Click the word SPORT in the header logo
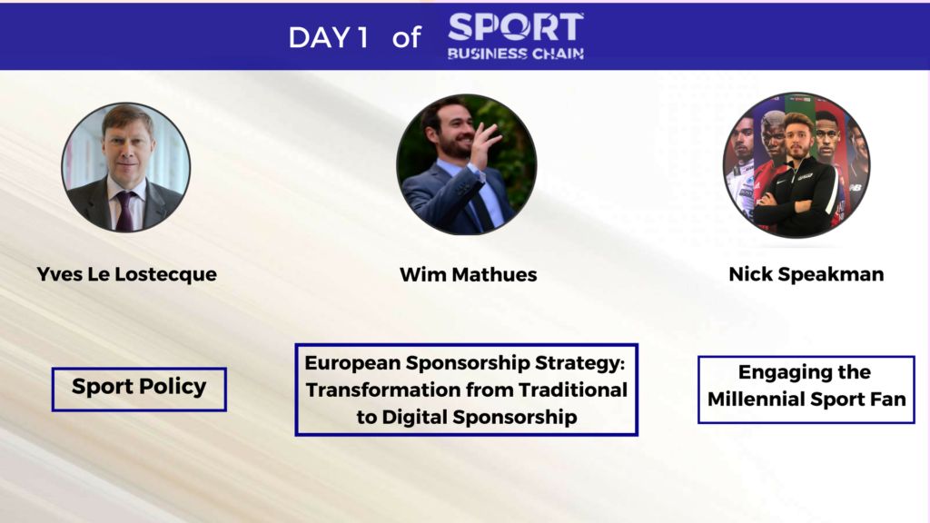tap(516, 28)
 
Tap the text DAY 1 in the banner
tap(328, 38)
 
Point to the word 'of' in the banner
tap(406, 38)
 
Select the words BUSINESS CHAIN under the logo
tap(516, 54)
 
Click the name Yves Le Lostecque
tap(127, 274)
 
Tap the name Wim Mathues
tap(468, 274)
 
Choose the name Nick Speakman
tap(806, 274)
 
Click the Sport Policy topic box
tap(139, 389)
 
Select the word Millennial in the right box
tap(756, 400)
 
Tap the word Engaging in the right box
tap(778, 372)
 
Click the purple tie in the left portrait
tap(125, 211)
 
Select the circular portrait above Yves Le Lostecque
tap(125, 167)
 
